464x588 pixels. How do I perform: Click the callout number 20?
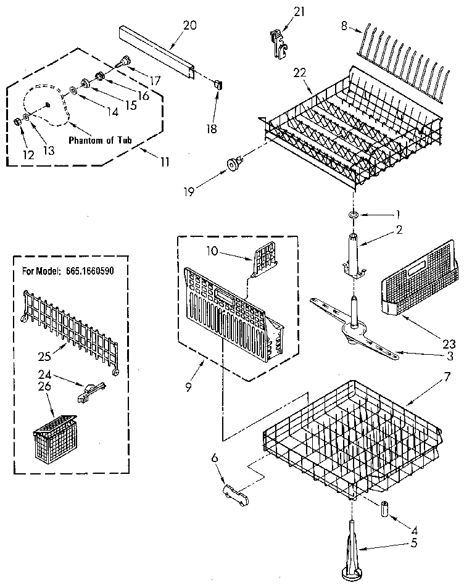(189, 25)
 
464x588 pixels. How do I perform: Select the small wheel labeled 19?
(233, 165)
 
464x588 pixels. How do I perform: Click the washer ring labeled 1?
(354, 214)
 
